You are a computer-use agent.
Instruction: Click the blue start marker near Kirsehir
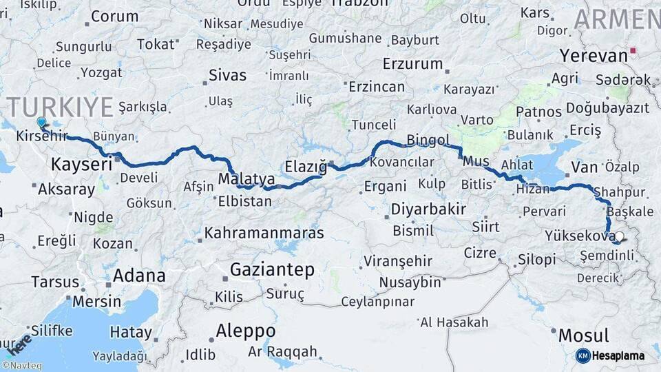tap(41, 122)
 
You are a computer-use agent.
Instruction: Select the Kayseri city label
tap(81, 165)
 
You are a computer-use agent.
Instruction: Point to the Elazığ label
tap(306, 166)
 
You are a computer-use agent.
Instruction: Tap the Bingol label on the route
tap(428, 141)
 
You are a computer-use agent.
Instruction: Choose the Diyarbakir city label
tap(428, 209)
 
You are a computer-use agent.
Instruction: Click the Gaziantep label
tap(272, 269)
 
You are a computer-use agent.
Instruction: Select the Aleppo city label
tap(245, 331)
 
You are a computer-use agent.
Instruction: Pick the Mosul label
tap(583, 336)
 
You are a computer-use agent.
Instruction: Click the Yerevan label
tap(593, 54)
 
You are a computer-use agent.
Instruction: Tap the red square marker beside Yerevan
tap(633, 50)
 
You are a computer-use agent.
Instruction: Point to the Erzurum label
tap(413, 64)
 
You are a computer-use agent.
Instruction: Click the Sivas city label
tap(227, 75)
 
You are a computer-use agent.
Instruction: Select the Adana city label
tap(139, 276)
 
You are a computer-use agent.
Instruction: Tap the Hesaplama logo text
tap(618, 355)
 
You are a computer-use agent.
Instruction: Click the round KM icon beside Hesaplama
tap(583, 355)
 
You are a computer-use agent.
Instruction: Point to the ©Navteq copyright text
tap(21, 365)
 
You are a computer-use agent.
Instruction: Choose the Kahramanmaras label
tap(264, 233)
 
